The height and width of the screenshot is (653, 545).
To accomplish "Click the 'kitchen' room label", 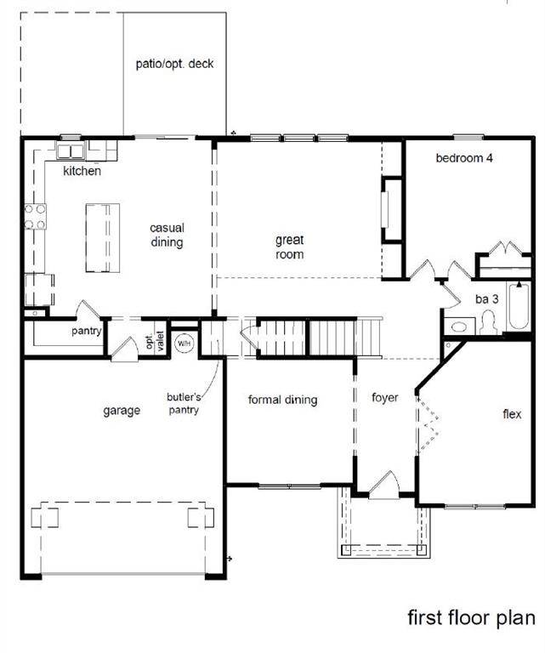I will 82,172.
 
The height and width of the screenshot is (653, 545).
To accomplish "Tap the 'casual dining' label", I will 167,236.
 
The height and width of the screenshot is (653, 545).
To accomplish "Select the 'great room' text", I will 289,247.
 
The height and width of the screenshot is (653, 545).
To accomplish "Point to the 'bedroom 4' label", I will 464,158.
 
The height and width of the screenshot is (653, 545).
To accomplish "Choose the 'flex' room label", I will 512,415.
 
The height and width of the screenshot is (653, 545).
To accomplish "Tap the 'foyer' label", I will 385,398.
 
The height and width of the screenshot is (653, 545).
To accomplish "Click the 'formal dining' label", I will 282,400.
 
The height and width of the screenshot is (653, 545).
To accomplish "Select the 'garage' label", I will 122,411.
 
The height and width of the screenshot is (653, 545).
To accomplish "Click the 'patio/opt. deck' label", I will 175,64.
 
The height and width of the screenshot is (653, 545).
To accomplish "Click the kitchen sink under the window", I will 70,151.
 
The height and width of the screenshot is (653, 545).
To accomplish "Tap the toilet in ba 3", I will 489,323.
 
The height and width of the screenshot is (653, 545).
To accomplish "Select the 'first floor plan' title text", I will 471,616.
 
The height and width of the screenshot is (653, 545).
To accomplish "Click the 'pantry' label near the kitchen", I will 88,332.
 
